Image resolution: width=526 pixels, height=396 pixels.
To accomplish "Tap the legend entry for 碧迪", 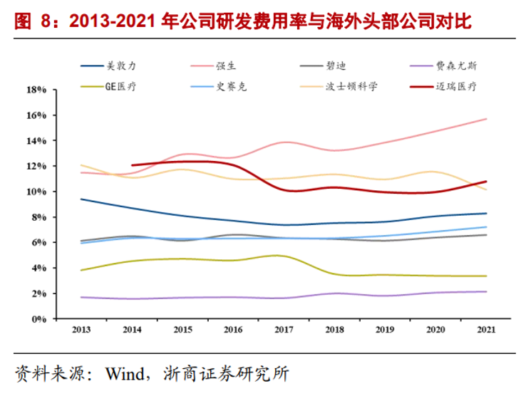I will coord(329,66).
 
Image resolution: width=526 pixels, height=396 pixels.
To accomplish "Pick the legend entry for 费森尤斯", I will coord(446,66).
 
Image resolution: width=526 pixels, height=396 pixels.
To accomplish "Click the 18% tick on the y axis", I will coord(36,90).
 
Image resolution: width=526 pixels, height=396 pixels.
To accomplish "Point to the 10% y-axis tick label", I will coord(36,192).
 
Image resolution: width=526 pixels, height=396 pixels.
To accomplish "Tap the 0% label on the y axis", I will coord(38,319).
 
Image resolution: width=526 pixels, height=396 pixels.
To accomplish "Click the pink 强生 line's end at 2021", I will coord(487,119).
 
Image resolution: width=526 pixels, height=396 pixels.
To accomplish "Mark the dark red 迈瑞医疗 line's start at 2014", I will coord(133,165).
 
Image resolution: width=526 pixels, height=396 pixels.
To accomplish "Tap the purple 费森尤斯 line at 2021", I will coord(487,291).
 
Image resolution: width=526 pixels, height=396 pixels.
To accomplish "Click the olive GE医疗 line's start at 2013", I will coord(81,270).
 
